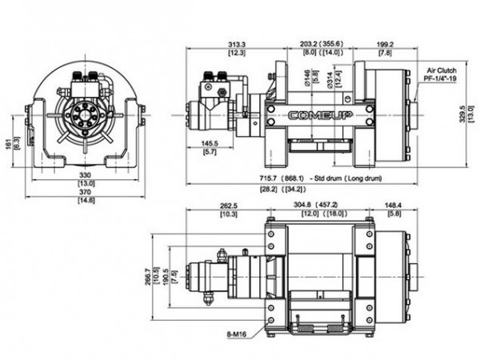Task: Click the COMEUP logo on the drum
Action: pyautogui.click(x=320, y=118)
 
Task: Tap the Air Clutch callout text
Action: pyautogui.click(x=442, y=70)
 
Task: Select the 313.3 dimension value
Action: pyautogui.click(x=214, y=44)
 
